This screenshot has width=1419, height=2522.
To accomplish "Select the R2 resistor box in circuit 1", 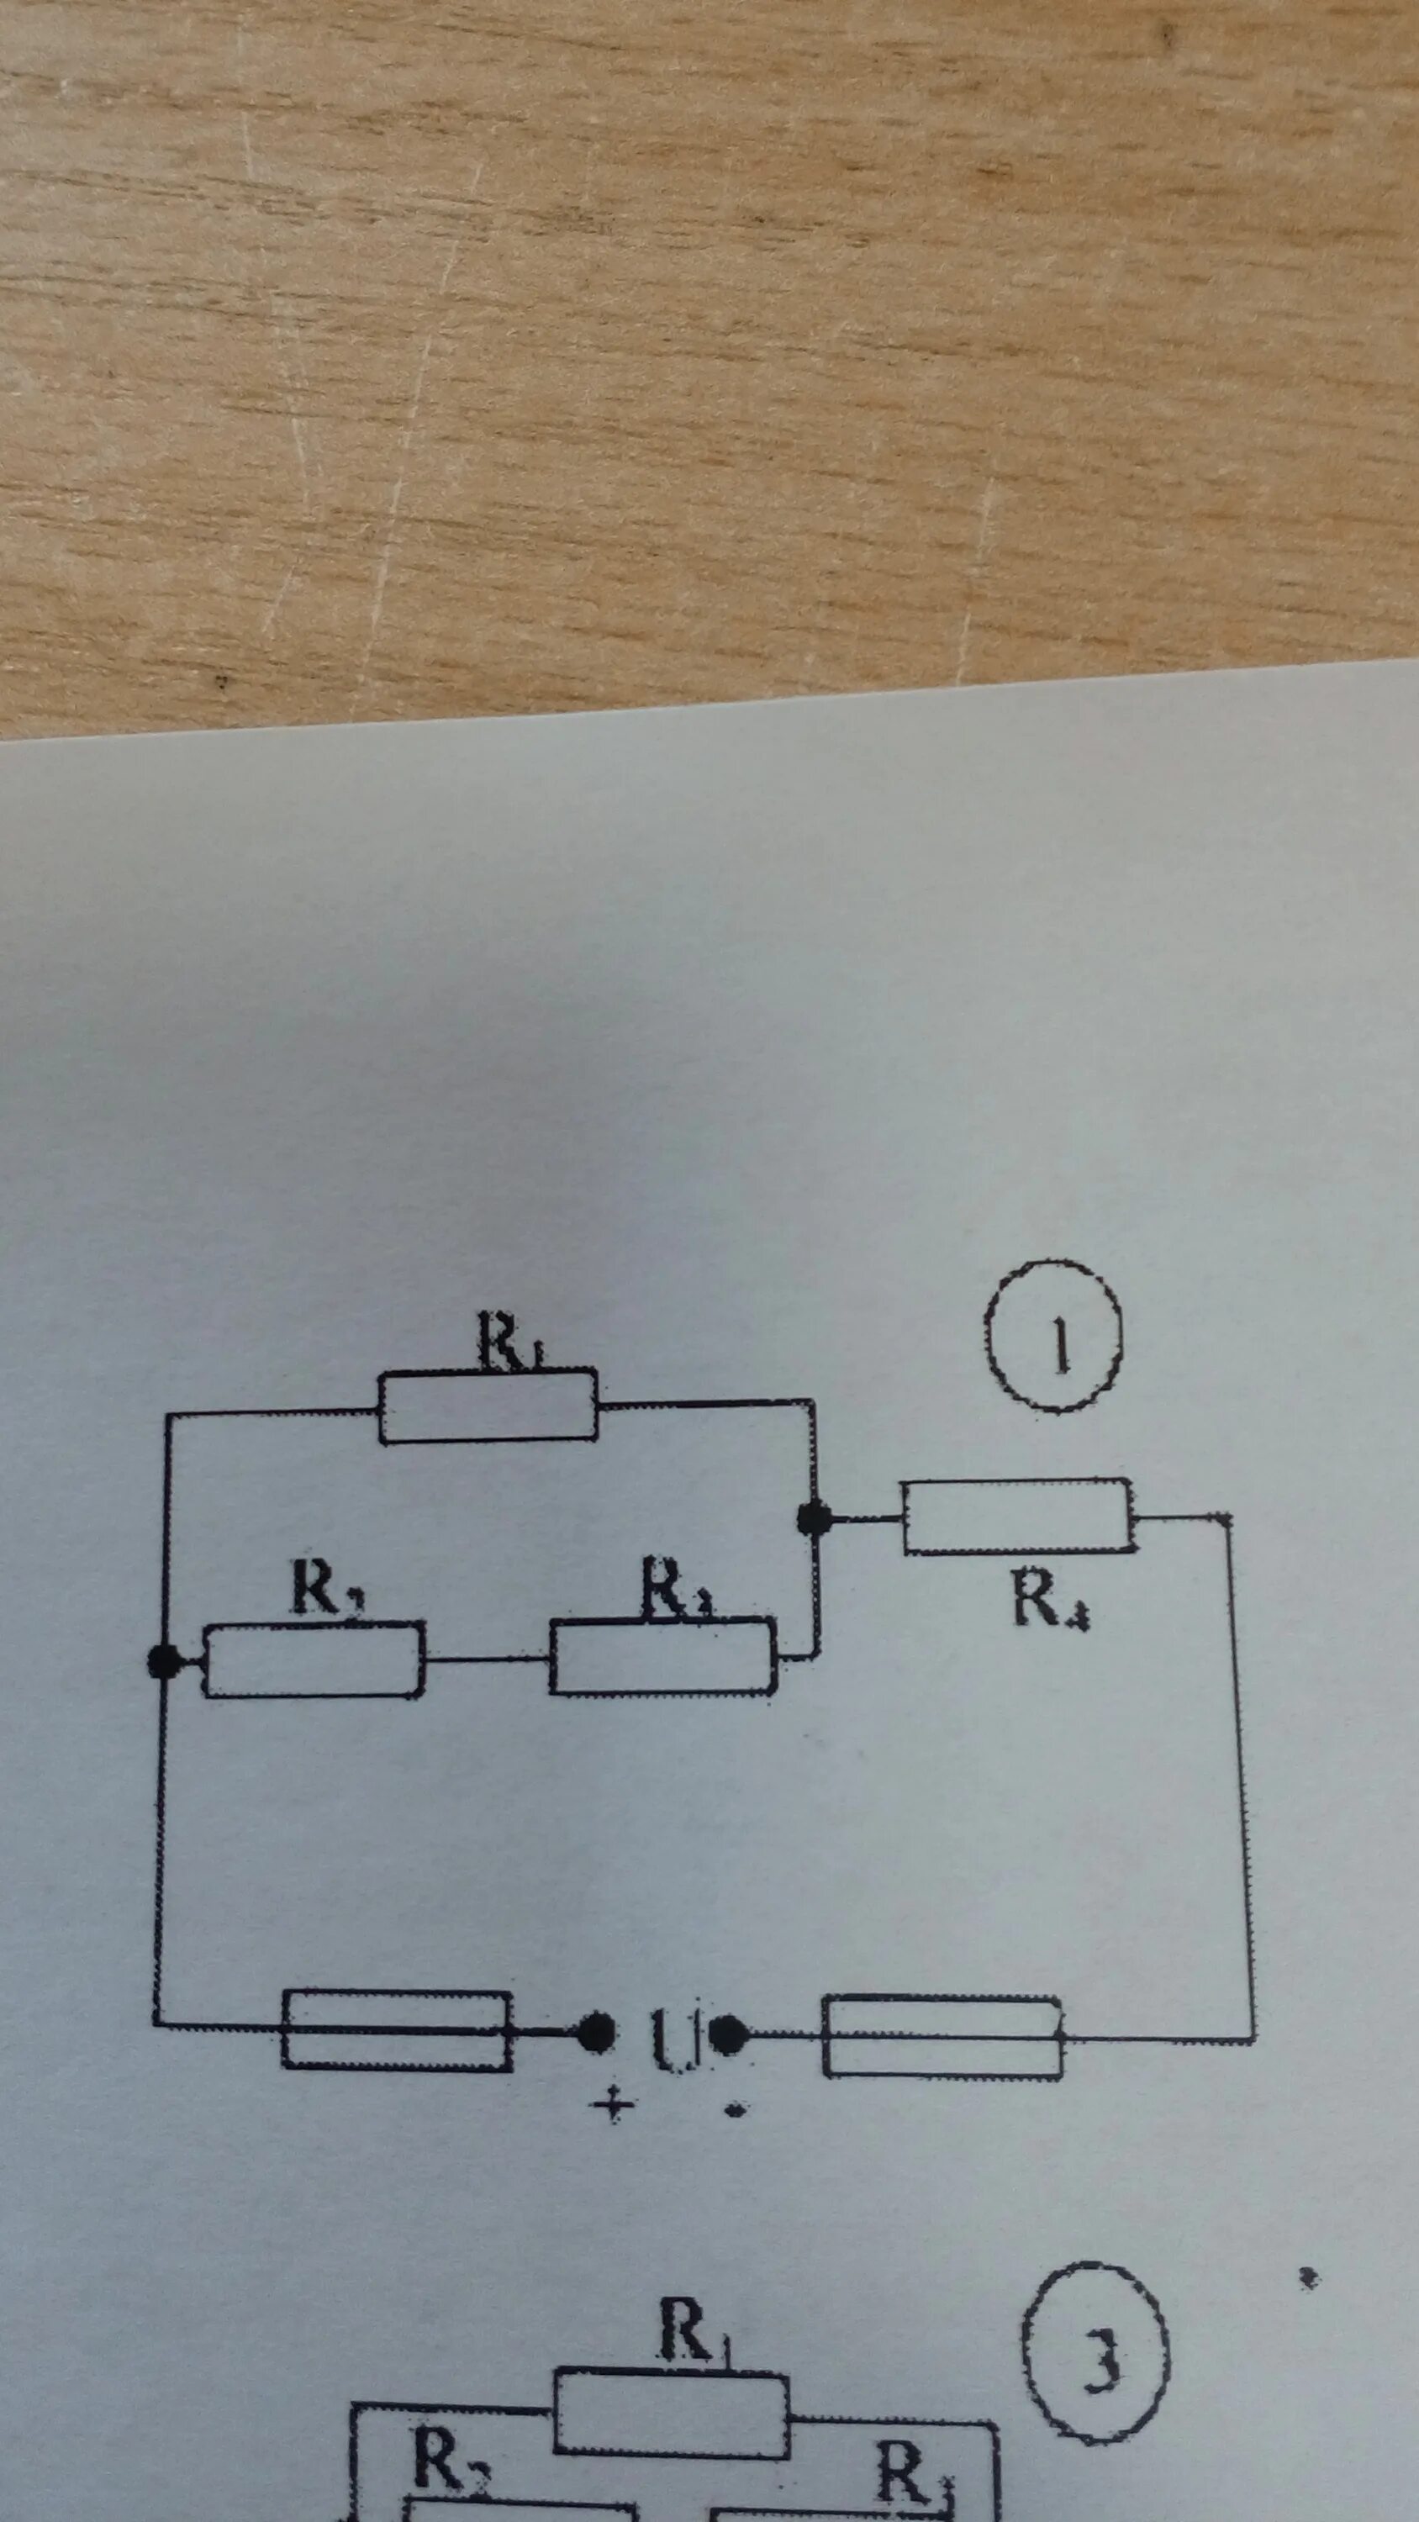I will click(314, 1659).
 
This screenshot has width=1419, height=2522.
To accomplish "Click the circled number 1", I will click(1053, 1337).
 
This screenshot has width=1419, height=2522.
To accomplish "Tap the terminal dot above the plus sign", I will click(593, 2034).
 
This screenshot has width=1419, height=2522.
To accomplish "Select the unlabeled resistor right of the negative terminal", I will click(942, 2036).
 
